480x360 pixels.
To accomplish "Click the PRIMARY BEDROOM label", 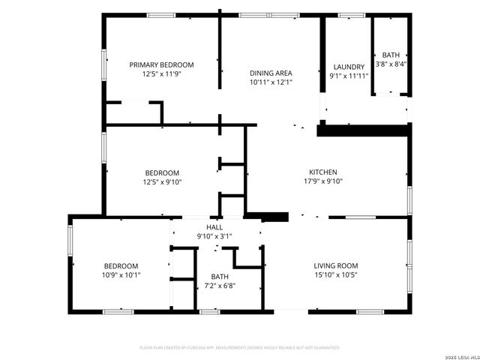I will [x=161, y=64].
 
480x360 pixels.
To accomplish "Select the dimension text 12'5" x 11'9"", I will [x=161, y=74].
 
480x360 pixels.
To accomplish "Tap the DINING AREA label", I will [x=271, y=73].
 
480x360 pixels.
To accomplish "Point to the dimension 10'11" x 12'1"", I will [x=271, y=82].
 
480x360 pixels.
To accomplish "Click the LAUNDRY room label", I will [x=347, y=67].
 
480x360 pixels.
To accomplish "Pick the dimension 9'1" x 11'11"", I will [x=347, y=76].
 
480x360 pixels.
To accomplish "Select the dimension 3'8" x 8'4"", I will [x=391, y=64].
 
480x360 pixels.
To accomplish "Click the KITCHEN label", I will [x=323, y=172].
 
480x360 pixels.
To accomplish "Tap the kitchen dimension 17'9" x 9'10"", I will [x=323, y=181].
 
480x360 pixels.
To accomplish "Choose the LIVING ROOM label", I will [x=335, y=265].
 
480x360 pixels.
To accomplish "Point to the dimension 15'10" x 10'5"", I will [x=335, y=275].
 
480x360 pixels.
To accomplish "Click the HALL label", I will [x=214, y=226].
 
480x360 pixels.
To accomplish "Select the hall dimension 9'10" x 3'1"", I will [x=214, y=236].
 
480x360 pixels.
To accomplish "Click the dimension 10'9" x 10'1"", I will [x=121, y=275].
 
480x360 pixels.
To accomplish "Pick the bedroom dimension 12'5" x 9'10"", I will [x=162, y=181].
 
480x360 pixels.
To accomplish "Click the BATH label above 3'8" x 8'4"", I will [x=391, y=55].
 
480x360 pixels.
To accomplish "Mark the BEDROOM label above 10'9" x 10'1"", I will [x=121, y=265].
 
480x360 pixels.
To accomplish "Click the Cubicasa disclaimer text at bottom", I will [x=240, y=348].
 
